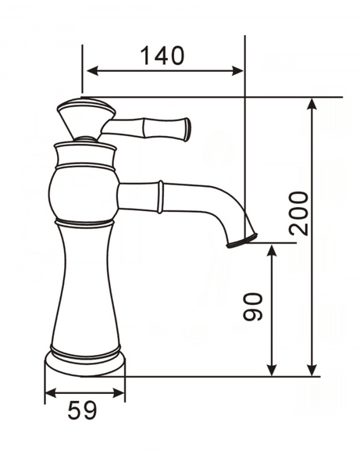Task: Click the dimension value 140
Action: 162,55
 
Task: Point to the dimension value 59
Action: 82,410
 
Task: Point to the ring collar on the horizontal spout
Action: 161,196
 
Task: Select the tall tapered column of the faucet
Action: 84,289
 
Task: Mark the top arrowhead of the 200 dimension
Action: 312,103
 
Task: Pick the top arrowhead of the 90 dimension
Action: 272,249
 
